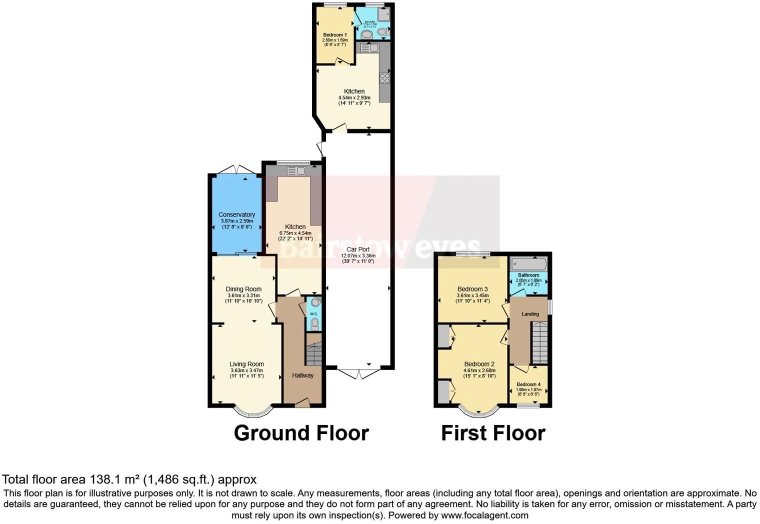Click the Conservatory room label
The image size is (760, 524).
(x=236, y=214)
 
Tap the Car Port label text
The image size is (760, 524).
(x=358, y=249)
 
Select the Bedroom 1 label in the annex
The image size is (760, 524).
(x=334, y=35)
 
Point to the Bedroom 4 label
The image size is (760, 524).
(x=528, y=384)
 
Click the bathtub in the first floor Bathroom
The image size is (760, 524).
(x=528, y=264)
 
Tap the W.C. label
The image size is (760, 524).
(x=314, y=314)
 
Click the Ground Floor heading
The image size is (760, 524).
(x=301, y=433)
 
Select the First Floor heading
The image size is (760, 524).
(x=493, y=433)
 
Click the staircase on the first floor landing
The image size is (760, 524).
(x=539, y=342)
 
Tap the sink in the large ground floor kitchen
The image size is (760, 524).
(x=296, y=171)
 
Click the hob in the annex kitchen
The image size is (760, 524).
(x=384, y=78)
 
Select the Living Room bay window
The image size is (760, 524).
(x=254, y=412)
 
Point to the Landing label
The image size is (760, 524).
(x=530, y=314)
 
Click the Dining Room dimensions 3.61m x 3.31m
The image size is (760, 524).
(x=243, y=295)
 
